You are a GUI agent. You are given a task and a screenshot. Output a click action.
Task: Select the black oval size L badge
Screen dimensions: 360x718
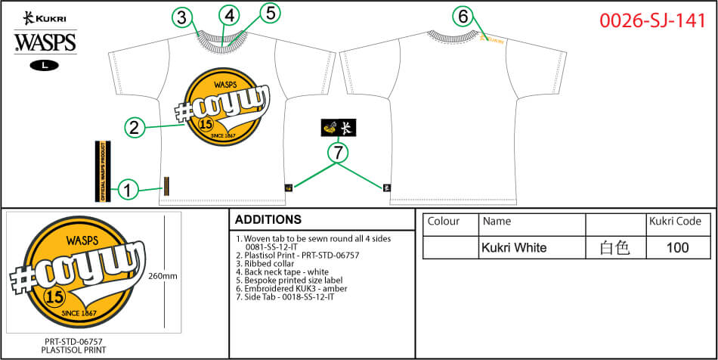pos(45,65)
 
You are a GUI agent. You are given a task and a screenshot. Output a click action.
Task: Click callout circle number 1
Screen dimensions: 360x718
pos(129,190)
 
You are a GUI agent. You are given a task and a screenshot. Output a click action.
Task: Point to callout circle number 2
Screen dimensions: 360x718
pos(134,127)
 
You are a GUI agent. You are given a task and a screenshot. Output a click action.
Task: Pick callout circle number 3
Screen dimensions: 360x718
pos(181,17)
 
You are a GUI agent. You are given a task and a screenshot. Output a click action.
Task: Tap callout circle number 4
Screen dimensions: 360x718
pos(230,15)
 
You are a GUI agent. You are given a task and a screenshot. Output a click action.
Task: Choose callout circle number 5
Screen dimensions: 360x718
pos(271,13)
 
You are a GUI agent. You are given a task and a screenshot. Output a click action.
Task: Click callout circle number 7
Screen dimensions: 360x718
pos(338,154)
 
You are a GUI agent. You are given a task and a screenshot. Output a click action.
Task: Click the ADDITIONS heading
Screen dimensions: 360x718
pos(268,220)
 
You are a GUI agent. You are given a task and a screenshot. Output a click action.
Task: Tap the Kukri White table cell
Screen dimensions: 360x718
pos(513,247)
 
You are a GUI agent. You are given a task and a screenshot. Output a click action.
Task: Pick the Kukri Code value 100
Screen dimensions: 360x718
pos(678,247)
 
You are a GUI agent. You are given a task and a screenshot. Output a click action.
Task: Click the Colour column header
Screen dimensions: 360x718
pos(444,222)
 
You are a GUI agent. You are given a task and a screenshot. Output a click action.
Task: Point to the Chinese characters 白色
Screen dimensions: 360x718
pos(614,247)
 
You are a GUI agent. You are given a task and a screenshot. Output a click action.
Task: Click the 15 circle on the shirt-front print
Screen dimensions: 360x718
pos(204,123)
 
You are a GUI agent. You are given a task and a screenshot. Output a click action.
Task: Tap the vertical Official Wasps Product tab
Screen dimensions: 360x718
pos(98,171)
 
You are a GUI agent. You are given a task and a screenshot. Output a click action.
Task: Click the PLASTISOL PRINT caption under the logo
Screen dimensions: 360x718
pos(73,350)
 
